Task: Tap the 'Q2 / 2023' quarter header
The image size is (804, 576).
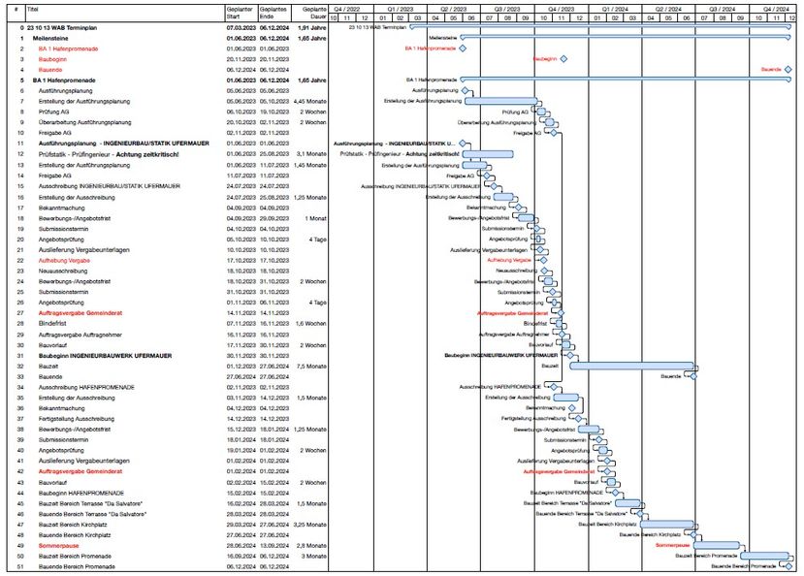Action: pos(455,7)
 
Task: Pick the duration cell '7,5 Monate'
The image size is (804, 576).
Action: pos(309,366)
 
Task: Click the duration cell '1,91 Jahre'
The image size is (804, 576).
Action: pos(309,28)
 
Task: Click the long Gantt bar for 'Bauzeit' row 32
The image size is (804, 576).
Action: pos(631,366)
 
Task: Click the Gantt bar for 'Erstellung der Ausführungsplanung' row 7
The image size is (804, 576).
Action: pos(501,100)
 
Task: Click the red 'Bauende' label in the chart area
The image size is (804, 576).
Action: pos(771,69)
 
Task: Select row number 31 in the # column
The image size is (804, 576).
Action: pos(21,356)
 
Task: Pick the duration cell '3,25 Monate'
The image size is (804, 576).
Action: pos(309,524)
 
